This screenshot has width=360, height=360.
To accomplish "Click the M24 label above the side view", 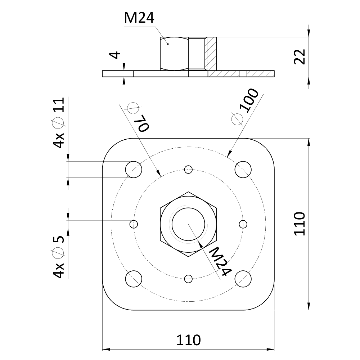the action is coord(139,18).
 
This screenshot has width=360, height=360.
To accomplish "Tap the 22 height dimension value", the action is coord(300,57).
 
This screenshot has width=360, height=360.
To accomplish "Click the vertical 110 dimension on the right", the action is coord(300,224).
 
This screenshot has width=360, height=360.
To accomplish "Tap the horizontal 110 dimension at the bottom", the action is coord(188,340).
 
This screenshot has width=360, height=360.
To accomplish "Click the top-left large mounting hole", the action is coord(134,170).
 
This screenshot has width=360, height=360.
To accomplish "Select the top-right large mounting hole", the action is coord(243,170).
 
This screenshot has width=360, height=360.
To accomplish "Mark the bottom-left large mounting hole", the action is coord(134,279).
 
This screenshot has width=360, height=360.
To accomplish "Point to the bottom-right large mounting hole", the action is coord(243,279).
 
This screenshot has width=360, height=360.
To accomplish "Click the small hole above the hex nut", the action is coord(188,170).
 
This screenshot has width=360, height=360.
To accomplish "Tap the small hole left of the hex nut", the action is coord(134,224).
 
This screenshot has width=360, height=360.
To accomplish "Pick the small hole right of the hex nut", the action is coord(243,224).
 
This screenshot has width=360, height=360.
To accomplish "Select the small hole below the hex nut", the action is coord(188,279).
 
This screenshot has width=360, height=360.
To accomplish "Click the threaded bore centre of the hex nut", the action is coord(188,224).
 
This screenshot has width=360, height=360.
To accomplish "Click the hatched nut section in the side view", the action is coord(211,54).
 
